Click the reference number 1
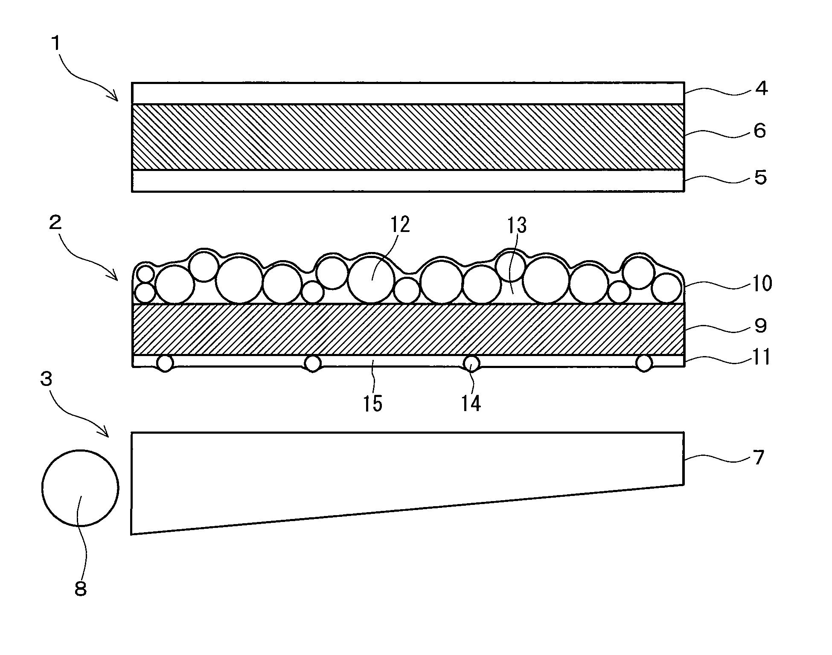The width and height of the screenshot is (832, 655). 55,44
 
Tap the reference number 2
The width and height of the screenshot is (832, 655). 55,222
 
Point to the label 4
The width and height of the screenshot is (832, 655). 761,89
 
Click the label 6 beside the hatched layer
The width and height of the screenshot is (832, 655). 760,131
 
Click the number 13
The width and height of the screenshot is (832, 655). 517,225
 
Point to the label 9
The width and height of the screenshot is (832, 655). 760,326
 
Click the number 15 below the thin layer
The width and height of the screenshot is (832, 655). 372,403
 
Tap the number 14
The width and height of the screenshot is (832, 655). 471,403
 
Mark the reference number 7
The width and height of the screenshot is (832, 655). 758,458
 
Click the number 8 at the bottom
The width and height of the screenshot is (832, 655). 80,589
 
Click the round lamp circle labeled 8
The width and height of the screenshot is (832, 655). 80,488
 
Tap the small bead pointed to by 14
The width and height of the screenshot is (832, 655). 471,363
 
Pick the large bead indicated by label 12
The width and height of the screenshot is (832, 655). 371,279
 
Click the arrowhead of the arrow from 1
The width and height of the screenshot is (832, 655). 117,100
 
